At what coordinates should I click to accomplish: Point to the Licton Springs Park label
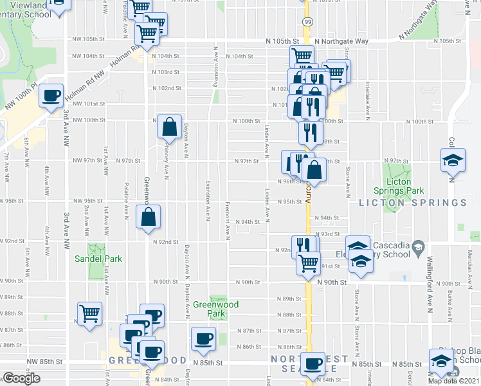[x=399, y=187]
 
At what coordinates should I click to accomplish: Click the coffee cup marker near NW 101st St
[x=51, y=96]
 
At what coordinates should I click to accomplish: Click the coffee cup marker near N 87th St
[x=204, y=338]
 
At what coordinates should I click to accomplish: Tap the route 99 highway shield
[x=309, y=23]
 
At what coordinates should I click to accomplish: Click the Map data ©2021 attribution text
[x=454, y=381]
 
